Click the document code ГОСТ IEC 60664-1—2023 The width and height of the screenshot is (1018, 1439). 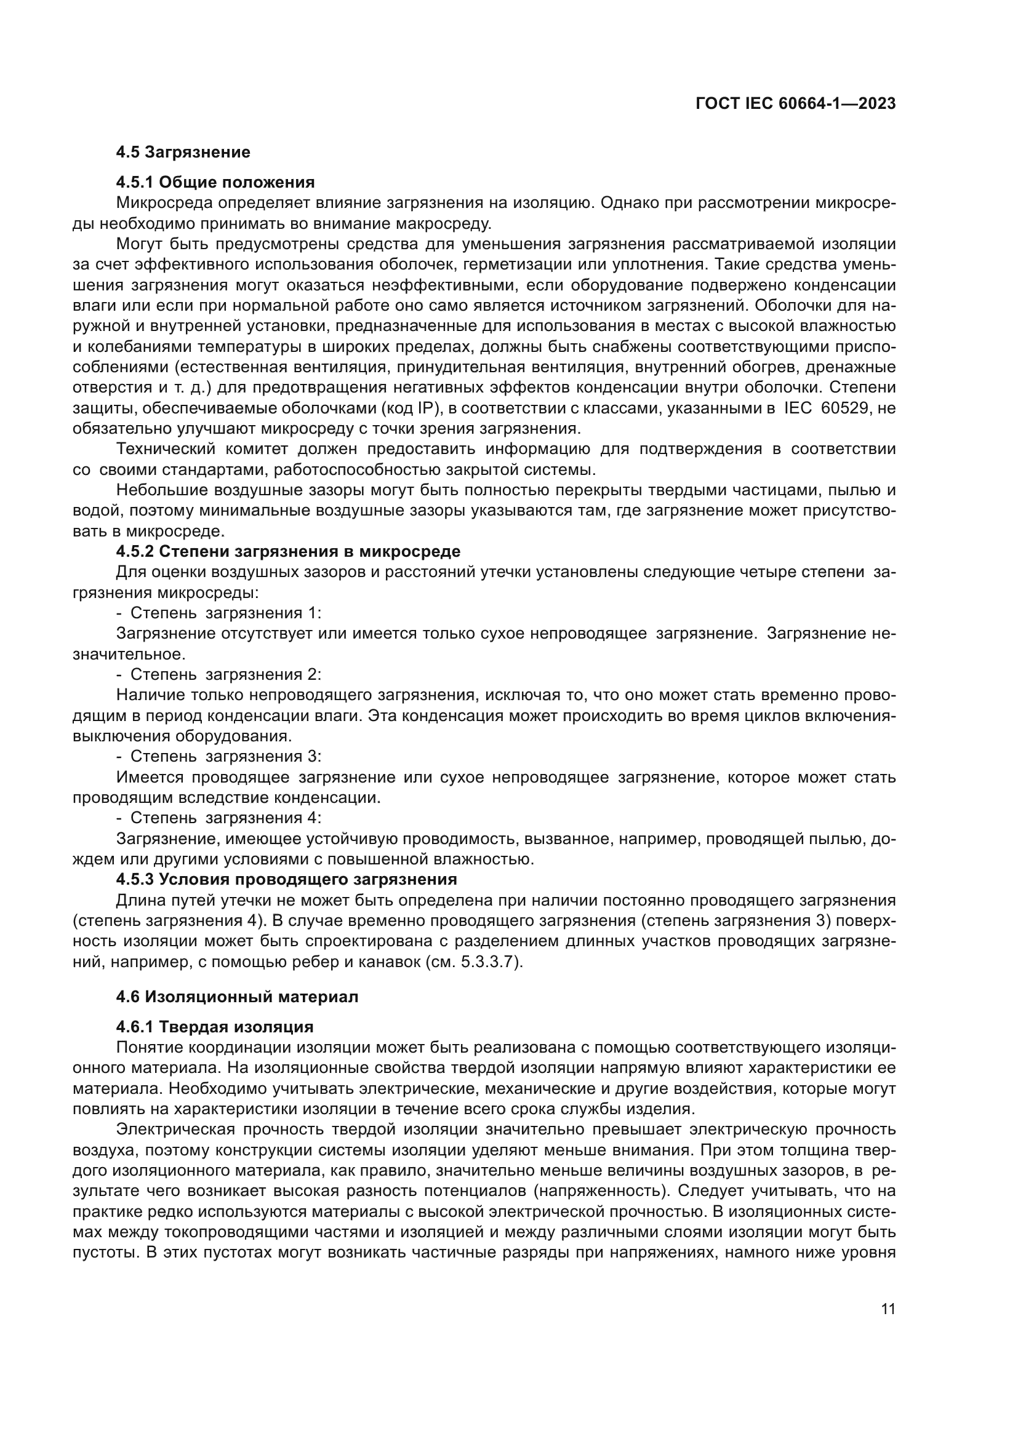point(795,103)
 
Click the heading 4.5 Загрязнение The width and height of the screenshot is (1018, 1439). point(183,153)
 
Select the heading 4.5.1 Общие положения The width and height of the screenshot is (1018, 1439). point(215,182)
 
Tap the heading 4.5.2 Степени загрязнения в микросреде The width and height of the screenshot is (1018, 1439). point(287,551)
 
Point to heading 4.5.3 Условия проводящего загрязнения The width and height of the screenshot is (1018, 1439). point(286,879)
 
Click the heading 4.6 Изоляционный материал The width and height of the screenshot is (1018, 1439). point(237,997)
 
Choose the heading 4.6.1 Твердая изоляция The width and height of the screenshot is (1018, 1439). point(214,1027)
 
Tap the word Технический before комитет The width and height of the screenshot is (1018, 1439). point(166,449)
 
